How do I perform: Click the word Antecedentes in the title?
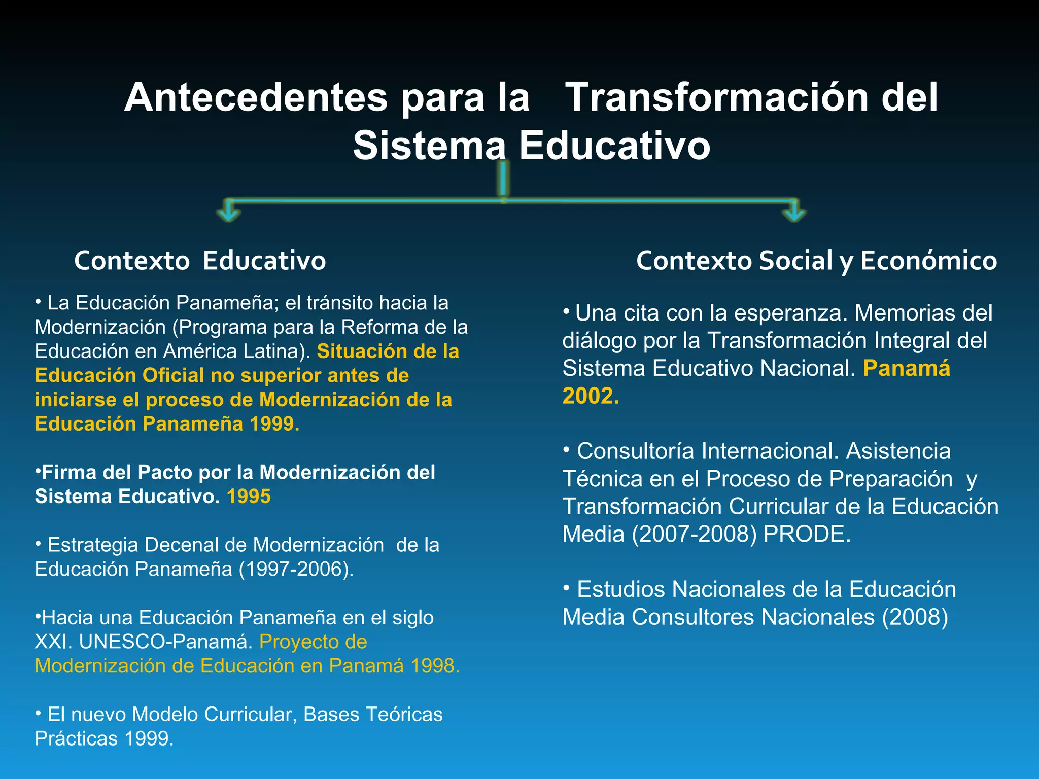pyautogui.click(x=256, y=97)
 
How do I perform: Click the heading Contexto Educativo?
pyautogui.click(x=200, y=261)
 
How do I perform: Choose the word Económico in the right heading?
pyautogui.click(x=928, y=261)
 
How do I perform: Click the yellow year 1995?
pyautogui.click(x=249, y=497)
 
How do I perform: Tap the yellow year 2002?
pyautogui.click(x=590, y=396)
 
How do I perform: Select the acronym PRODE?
pyautogui.click(x=806, y=534)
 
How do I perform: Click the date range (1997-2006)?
pyautogui.click(x=296, y=569)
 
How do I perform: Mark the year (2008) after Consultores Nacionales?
pyautogui.click(x=915, y=617)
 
